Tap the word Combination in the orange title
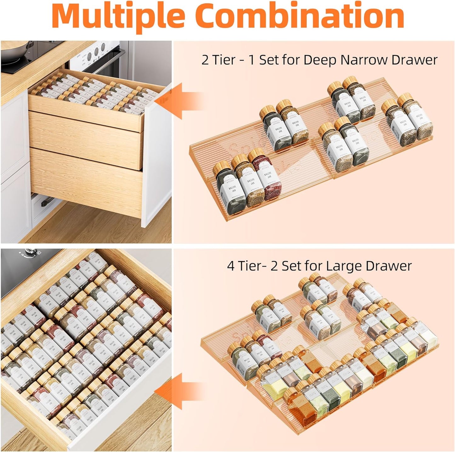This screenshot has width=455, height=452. click(300, 16)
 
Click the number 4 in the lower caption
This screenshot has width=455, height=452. click(231, 266)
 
